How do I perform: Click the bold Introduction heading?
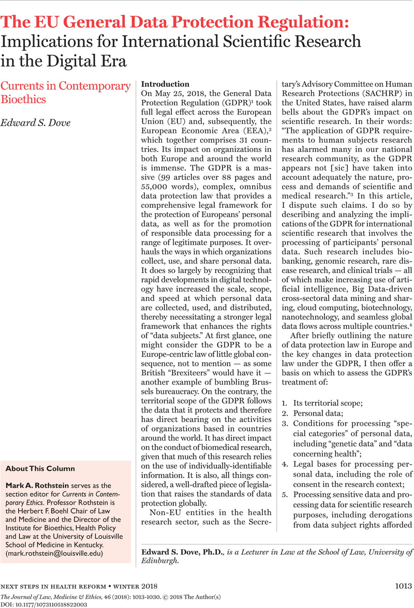tap(166, 84)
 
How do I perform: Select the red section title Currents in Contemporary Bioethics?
tap(66, 92)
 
